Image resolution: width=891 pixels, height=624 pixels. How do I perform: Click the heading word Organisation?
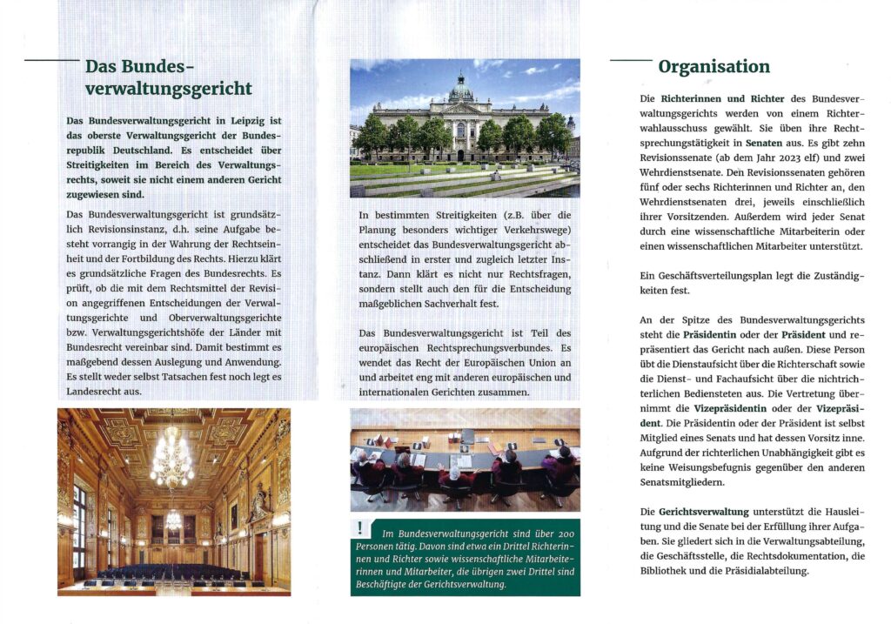click(713, 67)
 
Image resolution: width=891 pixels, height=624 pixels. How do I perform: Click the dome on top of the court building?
click(461, 86)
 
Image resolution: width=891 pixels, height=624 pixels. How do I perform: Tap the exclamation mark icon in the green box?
click(360, 527)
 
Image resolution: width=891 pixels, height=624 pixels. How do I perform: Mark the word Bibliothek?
click(669, 572)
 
